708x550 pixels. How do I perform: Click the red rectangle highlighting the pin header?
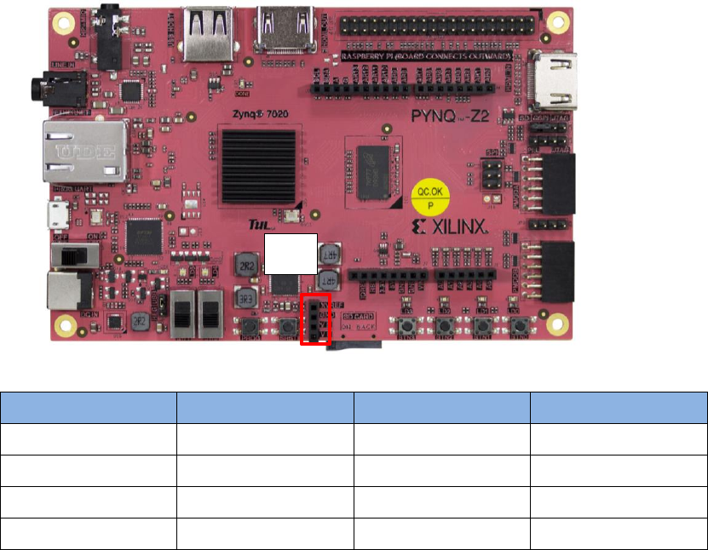[315, 319]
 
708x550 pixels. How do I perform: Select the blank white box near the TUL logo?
[291, 254]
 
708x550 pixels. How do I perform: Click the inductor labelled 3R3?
[247, 298]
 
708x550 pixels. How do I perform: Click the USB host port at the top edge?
[208, 32]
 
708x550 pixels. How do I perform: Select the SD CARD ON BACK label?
[358, 322]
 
